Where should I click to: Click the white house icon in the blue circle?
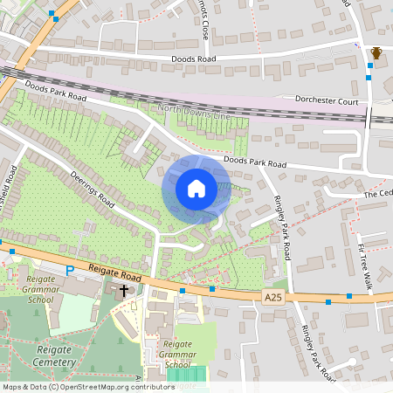click(196, 189)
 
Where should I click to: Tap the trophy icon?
click(376, 54)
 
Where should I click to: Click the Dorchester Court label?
click(327, 101)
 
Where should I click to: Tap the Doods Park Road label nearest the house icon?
click(254, 162)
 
